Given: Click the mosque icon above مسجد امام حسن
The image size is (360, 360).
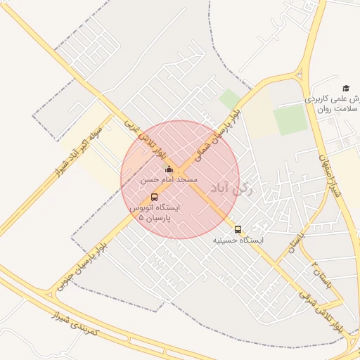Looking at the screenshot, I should coord(169,169).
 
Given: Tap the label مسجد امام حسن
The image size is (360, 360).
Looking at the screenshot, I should coord(169,181).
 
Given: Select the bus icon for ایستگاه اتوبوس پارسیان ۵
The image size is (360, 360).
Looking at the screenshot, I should coord(155,197).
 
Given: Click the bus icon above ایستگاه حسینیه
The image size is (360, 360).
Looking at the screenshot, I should coord(238,229).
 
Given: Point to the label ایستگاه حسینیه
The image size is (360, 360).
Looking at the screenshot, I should coord(239,240).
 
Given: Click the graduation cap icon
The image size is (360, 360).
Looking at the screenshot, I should coord(345,88).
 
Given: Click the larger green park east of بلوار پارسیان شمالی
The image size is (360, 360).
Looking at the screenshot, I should coord(290,120).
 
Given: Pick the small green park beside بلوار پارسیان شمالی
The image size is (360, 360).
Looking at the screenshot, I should coord(229,98).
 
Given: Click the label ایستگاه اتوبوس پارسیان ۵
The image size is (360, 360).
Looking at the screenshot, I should coord(155,213).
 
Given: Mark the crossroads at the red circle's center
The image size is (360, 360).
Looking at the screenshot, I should coord(180,179).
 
